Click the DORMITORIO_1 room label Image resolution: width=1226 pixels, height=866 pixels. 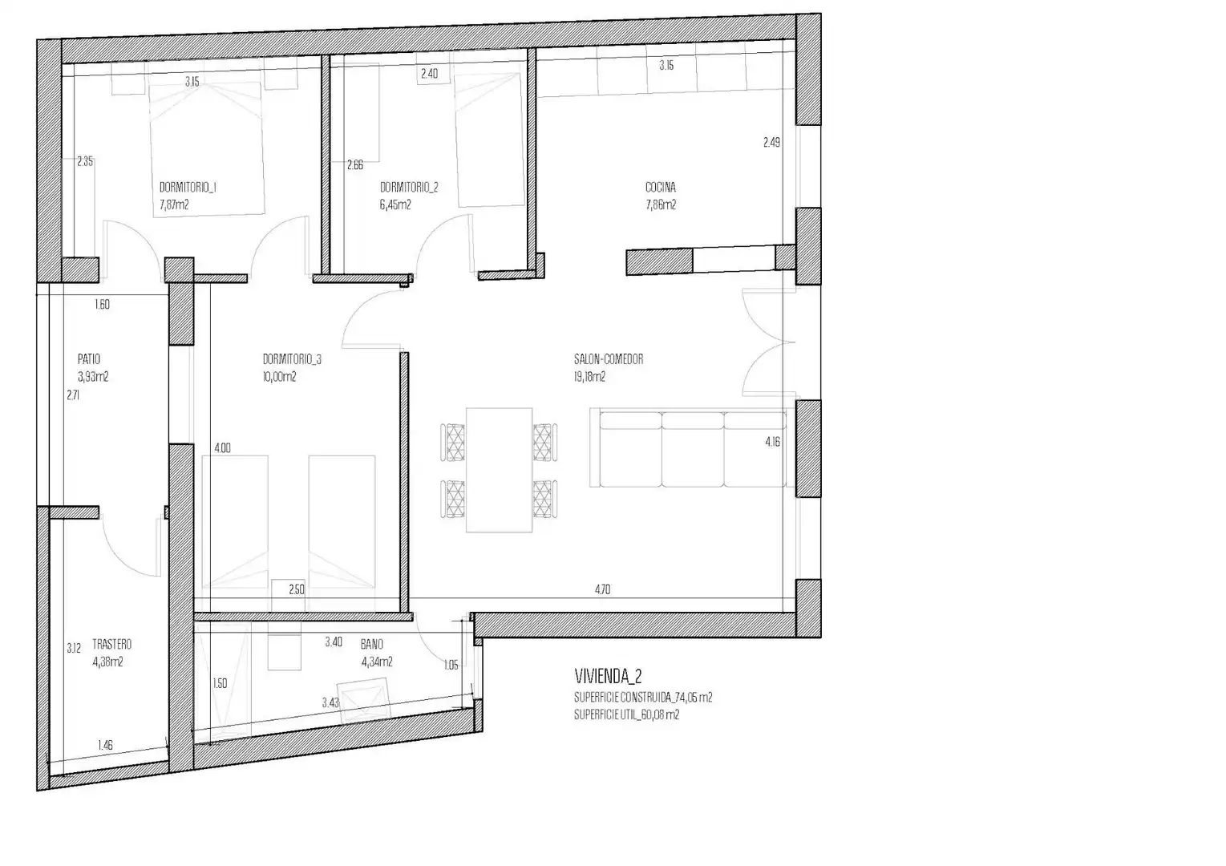pyautogui.click(x=188, y=187)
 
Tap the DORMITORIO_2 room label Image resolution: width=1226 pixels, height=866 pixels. pyautogui.click(x=410, y=187)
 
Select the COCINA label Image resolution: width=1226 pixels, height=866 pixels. pyautogui.click(x=661, y=187)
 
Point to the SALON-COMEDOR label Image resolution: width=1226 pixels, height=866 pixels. pyautogui.click(x=609, y=359)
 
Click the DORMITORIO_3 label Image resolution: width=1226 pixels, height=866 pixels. pyautogui.click(x=293, y=359)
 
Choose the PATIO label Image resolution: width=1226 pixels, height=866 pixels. pyautogui.click(x=89, y=359)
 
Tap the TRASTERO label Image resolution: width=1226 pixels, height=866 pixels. pyautogui.click(x=112, y=645)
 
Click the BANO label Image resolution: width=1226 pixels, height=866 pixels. pyautogui.click(x=371, y=645)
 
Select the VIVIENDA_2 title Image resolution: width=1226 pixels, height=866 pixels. pyautogui.click(x=608, y=677)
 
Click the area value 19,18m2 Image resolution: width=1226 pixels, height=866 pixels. pyautogui.click(x=590, y=377)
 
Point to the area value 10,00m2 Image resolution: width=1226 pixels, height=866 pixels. pyautogui.click(x=280, y=377)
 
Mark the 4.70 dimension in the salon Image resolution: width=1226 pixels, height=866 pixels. pyautogui.click(x=603, y=589)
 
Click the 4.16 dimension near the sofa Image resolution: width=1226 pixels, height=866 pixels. pyautogui.click(x=773, y=442)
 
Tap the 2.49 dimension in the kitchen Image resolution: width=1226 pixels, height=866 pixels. pyautogui.click(x=771, y=142)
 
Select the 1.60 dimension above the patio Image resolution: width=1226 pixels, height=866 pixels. pyautogui.click(x=103, y=305)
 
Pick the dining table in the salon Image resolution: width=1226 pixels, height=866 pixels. pyautogui.click(x=499, y=470)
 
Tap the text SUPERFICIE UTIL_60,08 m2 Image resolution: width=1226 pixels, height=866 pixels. pyautogui.click(x=627, y=714)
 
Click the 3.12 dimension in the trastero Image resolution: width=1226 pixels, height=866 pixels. pyautogui.click(x=74, y=648)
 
